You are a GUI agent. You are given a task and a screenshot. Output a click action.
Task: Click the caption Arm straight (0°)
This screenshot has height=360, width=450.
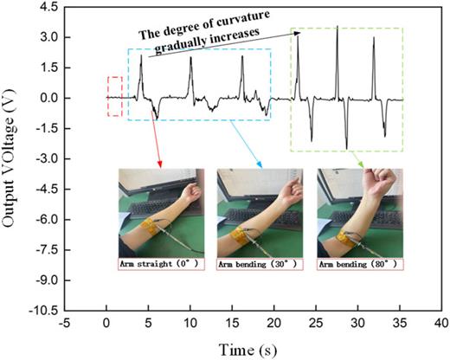point(161,263)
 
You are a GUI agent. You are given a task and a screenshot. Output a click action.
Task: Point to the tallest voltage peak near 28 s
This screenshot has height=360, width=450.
point(337,28)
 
